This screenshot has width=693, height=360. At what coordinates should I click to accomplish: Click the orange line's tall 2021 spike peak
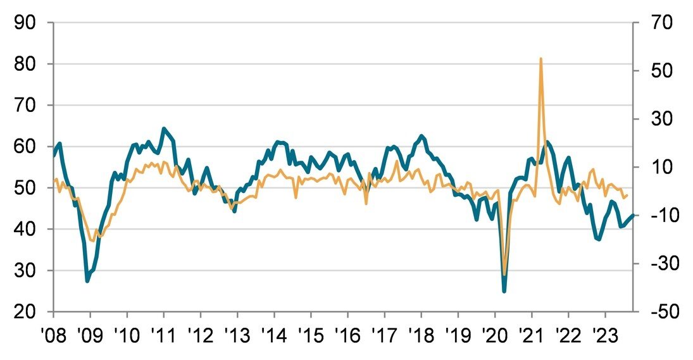(x=540, y=59)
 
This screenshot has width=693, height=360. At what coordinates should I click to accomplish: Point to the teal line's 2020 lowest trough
(x=504, y=291)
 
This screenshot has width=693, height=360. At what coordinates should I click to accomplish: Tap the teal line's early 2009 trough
(x=87, y=281)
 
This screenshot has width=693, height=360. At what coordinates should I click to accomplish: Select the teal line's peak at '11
(x=164, y=128)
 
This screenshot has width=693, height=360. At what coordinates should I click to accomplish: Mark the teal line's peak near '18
(x=421, y=136)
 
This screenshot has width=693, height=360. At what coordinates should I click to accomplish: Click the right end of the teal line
(x=633, y=216)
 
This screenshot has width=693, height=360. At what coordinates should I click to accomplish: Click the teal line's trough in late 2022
(x=598, y=239)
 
